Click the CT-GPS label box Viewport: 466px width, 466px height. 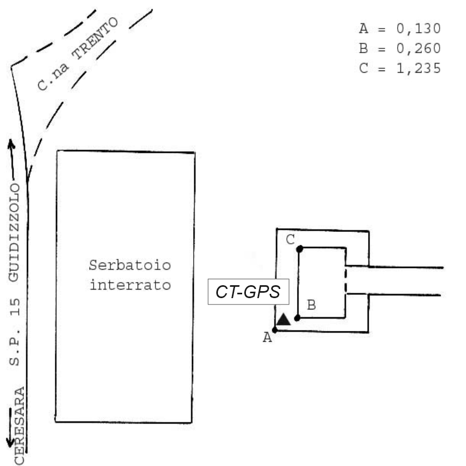249,293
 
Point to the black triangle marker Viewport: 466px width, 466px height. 284,319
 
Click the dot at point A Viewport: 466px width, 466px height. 274,330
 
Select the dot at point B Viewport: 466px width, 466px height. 298,318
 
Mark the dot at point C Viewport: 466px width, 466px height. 300,249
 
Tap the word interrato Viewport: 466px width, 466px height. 130,284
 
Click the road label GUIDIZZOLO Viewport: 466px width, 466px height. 16,232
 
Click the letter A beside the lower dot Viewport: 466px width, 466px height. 266,338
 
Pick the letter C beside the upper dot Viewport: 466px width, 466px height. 290,240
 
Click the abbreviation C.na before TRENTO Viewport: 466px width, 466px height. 52,74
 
